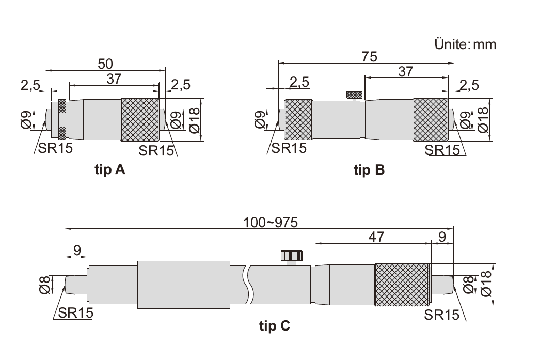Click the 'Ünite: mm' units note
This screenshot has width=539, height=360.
pos(465,44)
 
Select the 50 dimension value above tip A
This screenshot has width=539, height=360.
pos(105,64)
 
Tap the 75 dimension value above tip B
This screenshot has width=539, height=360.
pos(370,57)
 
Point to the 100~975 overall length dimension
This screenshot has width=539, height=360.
pos(271,223)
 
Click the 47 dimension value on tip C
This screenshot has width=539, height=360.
pos(376,237)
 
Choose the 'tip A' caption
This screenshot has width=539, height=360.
pos(110,169)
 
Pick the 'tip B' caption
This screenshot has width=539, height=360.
pos(369,170)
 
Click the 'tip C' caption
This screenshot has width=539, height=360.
pos(275,325)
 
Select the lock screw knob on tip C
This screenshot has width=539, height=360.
pos(292,256)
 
